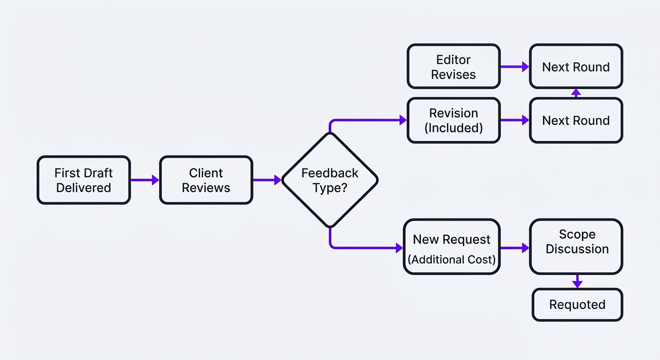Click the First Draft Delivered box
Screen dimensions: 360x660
click(83, 180)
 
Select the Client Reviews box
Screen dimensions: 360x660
click(206, 180)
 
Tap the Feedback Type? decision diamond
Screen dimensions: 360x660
click(330, 180)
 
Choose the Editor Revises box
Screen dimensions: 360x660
click(453, 67)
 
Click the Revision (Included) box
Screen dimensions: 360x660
click(453, 120)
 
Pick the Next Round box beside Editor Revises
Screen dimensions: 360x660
click(576, 67)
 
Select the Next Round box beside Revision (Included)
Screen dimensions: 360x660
click(576, 120)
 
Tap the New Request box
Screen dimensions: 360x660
click(451, 247)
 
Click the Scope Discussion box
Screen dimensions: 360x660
click(577, 247)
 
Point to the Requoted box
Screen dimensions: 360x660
click(577, 305)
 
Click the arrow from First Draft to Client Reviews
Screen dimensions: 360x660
click(145, 180)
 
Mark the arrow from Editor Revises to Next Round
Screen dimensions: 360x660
click(515, 67)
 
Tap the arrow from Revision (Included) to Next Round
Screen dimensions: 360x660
click(515, 120)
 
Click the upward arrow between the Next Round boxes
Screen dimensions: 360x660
click(576, 93)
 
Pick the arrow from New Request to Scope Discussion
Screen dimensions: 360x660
click(515, 248)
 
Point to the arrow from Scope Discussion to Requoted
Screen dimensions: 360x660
click(577, 281)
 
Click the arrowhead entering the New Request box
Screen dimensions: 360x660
click(399, 248)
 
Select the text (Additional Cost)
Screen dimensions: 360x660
click(451, 259)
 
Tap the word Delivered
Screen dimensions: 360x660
click(83, 187)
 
